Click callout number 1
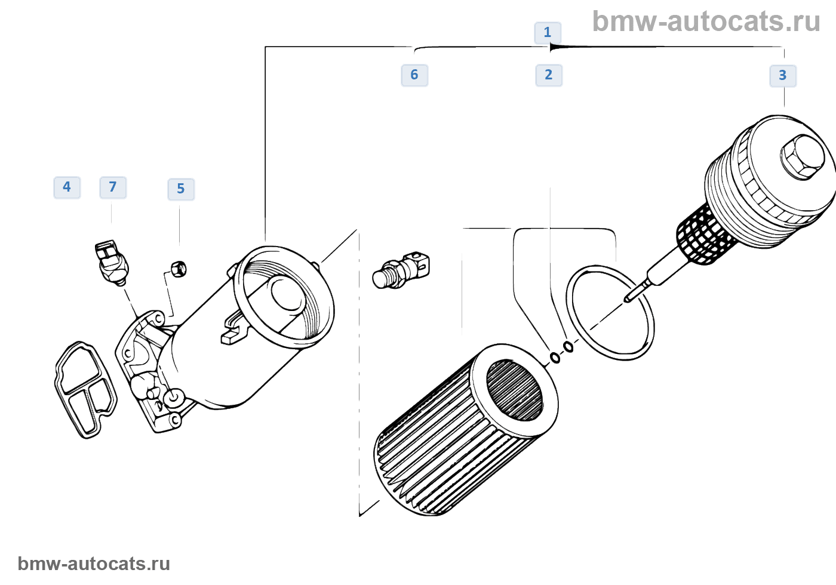547,32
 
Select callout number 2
548,75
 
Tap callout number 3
782,76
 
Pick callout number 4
67,187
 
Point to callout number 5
181,189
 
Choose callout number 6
414,75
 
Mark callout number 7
113,187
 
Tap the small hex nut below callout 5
178,269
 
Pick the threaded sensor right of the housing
401,270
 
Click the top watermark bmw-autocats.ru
706,21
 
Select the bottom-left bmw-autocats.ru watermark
94,564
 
